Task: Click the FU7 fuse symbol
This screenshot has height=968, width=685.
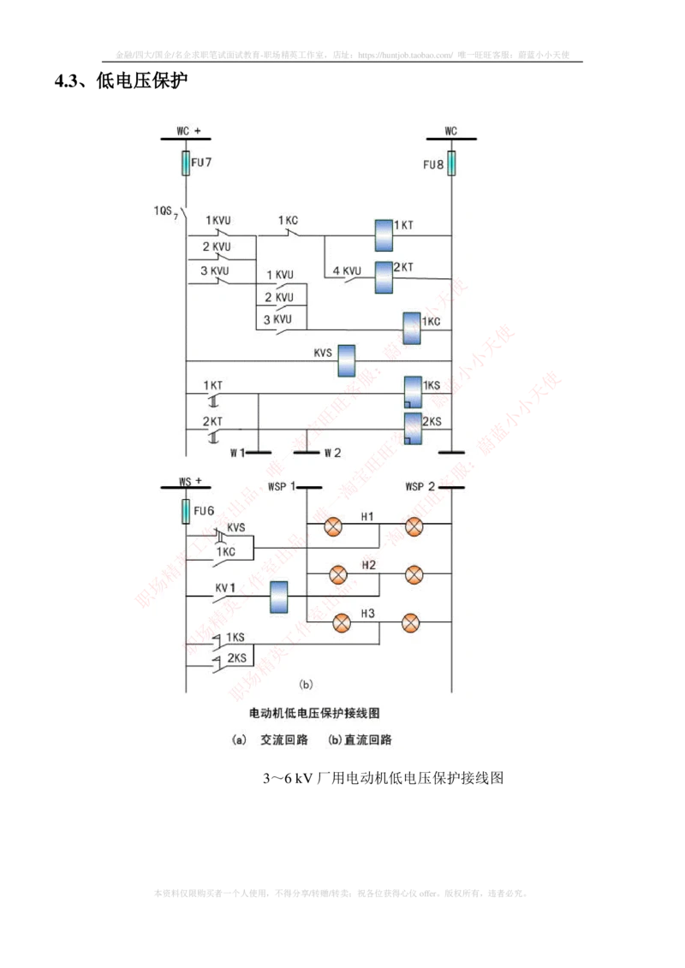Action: (185, 163)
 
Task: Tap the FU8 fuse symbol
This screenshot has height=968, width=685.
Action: (451, 163)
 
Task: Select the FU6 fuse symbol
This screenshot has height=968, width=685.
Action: (185, 511)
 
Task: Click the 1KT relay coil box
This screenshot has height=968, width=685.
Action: (383, 235)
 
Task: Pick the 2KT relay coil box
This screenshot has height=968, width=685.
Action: (383, 276)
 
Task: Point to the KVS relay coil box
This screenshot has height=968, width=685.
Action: (347, 360)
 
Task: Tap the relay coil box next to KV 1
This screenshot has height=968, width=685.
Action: (278, 597)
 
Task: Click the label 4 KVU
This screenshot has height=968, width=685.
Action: (348, 272)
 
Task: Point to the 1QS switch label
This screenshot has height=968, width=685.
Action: (165, 211)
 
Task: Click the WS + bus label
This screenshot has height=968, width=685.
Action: (190, 482)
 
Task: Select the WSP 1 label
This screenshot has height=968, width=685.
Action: (282, 487)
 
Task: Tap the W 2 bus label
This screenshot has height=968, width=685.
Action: (331, 453)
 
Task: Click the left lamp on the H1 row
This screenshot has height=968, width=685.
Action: (333, 527)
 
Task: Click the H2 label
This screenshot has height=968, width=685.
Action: (368, 565)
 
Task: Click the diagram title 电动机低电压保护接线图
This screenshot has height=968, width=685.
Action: (313, 712)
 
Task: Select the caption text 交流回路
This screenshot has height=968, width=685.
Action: (284, 740)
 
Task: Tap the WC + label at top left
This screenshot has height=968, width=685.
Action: (188, 131)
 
